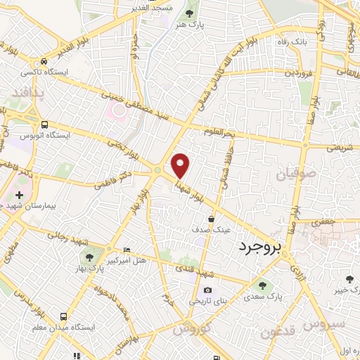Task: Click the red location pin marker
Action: [181, 165]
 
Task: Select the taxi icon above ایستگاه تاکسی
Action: [44, 62]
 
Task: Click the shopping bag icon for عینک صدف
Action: [211, 219]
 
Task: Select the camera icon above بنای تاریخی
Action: [207, 290]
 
